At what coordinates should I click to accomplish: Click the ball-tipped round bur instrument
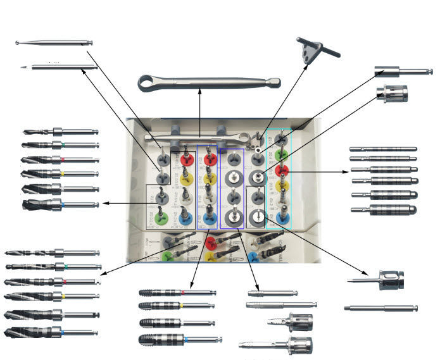pos(54,43)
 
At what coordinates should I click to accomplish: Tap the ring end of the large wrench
pos(150,82)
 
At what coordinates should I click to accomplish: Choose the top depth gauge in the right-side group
pos(384,149)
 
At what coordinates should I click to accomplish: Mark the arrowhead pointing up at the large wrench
pos(200,94)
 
